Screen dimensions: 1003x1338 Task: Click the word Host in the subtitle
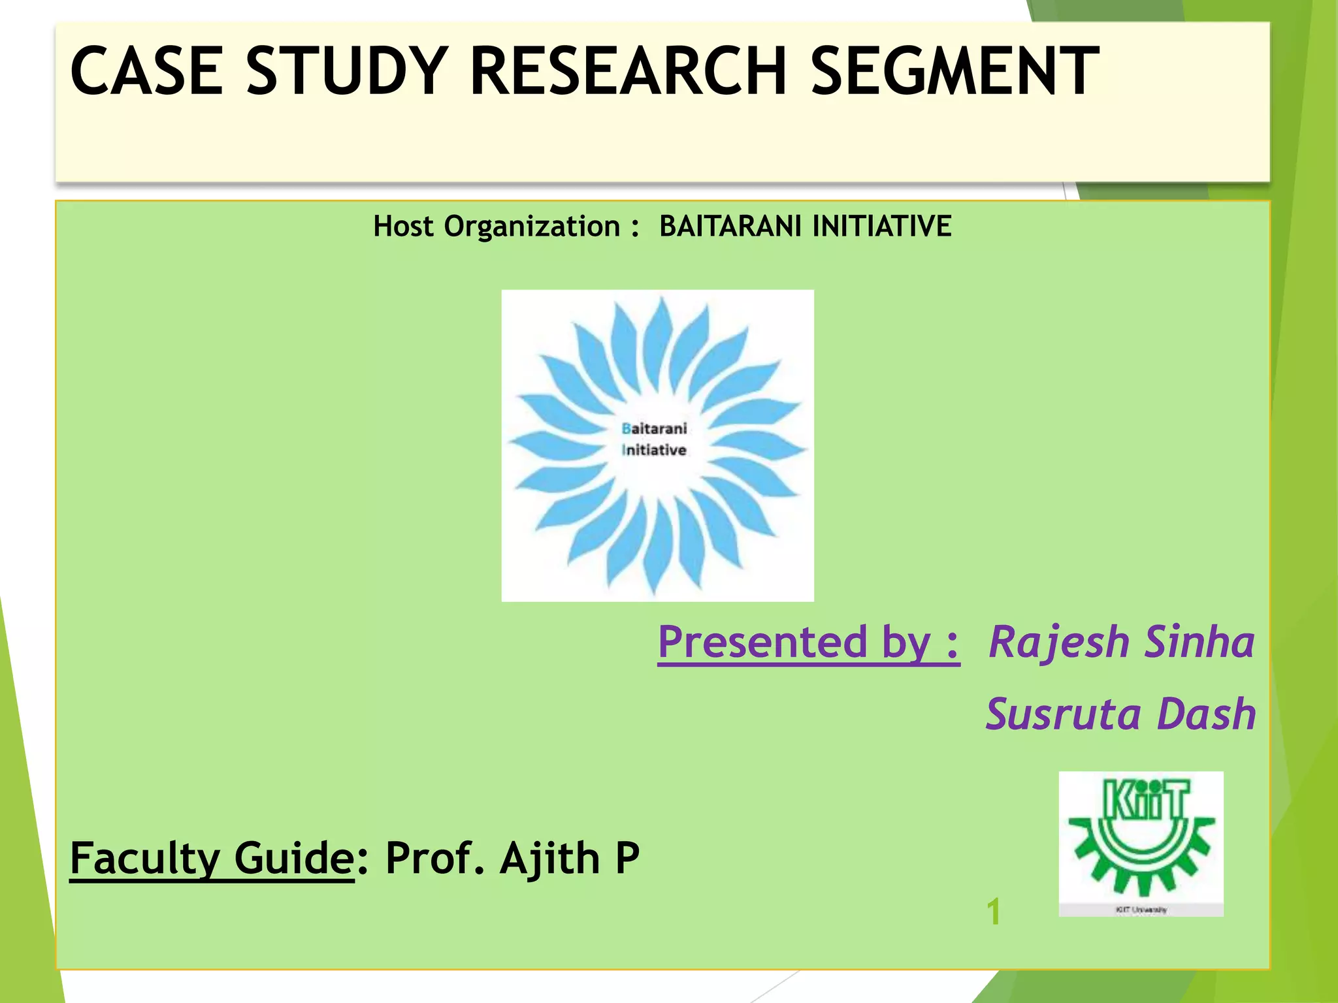(x=403, y=227)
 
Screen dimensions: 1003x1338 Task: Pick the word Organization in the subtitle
(x=532, y=227)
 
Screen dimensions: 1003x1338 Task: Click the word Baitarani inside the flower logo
(x=654, y=428)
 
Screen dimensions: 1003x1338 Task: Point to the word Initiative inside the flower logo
(x=654, y=450)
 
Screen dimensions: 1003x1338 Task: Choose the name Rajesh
(x=1059, y=643)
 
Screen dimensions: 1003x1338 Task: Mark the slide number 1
(x=993, y=912)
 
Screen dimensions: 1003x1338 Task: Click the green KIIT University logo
(x=1141, y=843)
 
